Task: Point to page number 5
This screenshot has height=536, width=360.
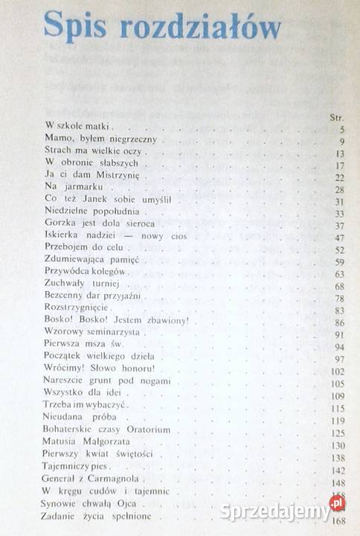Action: (x=341, y=129)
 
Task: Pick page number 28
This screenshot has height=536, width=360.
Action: (x=338, y=190)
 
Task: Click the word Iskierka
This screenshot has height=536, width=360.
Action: (x=65, y=236)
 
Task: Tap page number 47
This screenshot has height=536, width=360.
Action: (x=338, y=238)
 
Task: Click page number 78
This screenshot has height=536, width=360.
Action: (x=338, y=299)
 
